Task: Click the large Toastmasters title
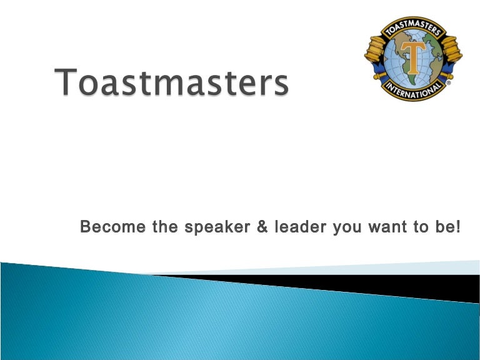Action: (173, 83)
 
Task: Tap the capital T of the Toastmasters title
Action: (68, 82)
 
